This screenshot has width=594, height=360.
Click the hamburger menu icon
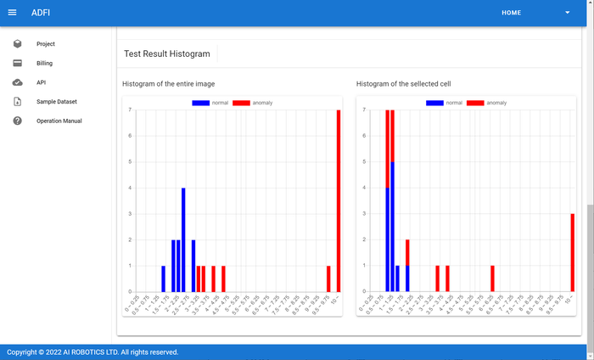coord(12,13)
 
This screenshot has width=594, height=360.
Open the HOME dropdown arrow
coord(568,13)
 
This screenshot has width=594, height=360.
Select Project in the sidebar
coord(45,43)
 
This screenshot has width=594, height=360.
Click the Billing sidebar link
coord(44,63)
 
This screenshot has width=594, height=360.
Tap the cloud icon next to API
coord(17,82)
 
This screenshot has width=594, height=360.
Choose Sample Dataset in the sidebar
coord(56,102)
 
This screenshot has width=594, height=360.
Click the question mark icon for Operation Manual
coord(17,121)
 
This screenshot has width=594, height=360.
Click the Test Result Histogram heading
coord(166,53)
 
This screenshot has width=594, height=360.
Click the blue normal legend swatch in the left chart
coord(201,103)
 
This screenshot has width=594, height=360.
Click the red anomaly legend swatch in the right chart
coord(475,103)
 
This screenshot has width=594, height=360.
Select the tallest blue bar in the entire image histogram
coord(183,239)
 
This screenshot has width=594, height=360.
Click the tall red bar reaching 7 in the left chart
coord(339,200)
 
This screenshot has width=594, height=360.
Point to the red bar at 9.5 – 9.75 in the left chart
coord(328,278)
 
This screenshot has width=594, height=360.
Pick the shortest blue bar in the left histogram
coord(164,278)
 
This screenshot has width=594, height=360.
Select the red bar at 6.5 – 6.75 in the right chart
coord(492,278)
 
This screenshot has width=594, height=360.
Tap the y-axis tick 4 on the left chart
coord(128,188)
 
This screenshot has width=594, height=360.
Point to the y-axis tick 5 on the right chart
coord(362,161)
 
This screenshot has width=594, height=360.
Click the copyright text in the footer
coord(92,352)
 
